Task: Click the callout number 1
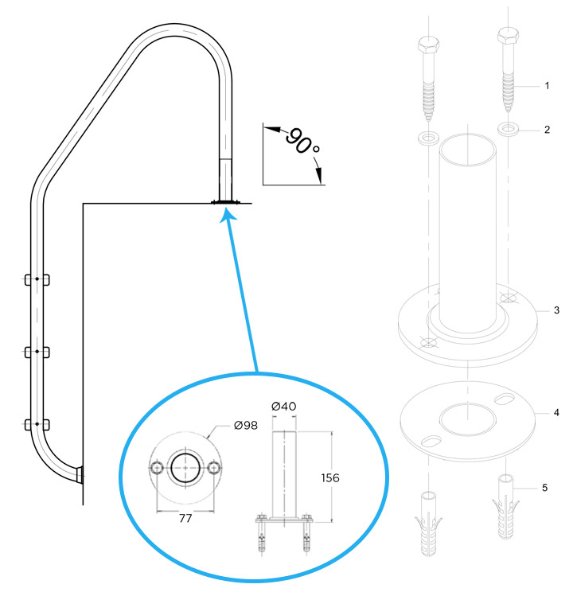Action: point(547,85)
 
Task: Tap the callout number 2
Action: point(547,129)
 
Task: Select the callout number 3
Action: point(547,310)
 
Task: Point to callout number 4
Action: point(547,414)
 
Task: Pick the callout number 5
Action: point(547,487)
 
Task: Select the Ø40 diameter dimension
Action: point(284,407)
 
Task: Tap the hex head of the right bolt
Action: point(509,37)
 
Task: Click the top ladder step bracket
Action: point(37,279)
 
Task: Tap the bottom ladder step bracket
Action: point(37,424)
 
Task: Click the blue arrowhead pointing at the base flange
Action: point(228,213)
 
